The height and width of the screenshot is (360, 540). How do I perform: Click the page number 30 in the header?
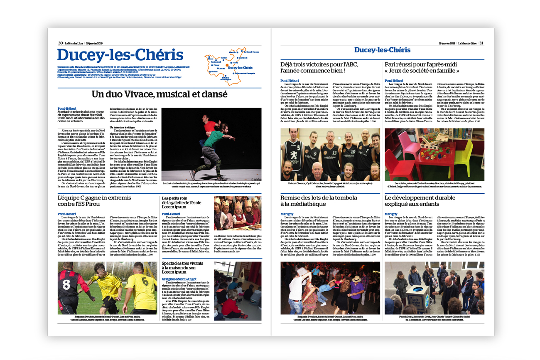(x=60, y=43)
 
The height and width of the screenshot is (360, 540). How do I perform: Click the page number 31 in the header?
(x=481, y=43)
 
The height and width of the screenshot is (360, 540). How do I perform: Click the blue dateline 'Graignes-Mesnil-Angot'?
(x=179, y=279)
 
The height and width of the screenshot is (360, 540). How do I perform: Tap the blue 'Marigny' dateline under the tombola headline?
(x=287, y=214)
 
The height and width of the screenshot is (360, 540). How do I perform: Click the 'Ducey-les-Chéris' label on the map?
(x=240, y=68)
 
